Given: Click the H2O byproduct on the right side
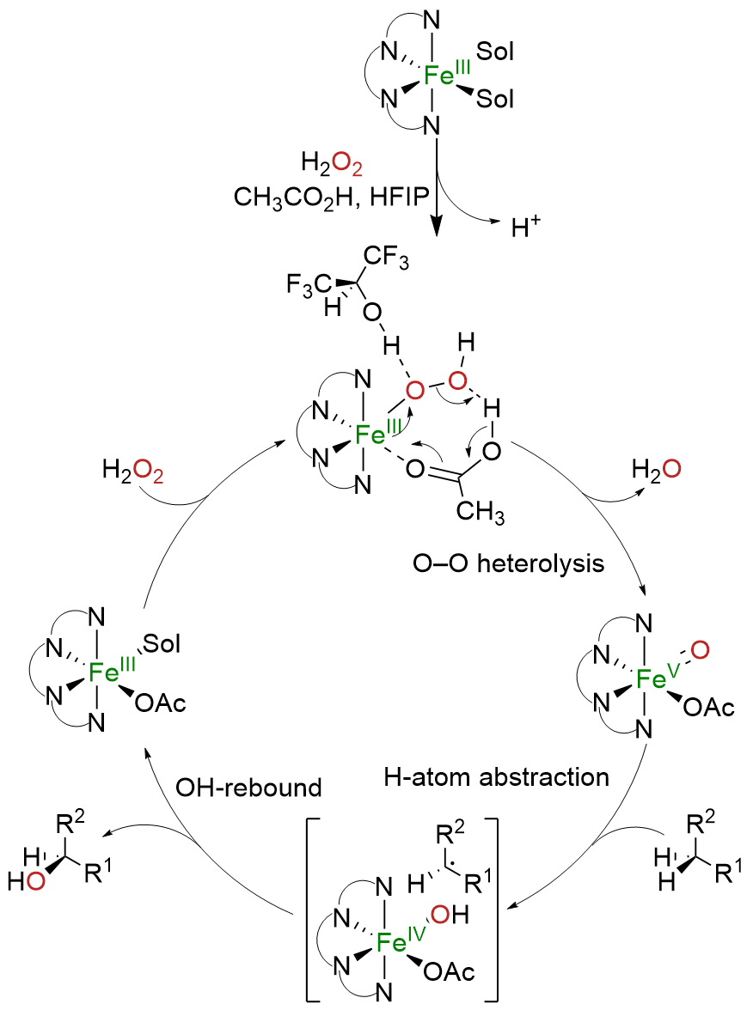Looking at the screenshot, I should pos(659,470).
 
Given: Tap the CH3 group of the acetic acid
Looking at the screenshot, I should pos(480,513).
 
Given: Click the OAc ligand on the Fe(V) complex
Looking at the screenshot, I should pos(709,709).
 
